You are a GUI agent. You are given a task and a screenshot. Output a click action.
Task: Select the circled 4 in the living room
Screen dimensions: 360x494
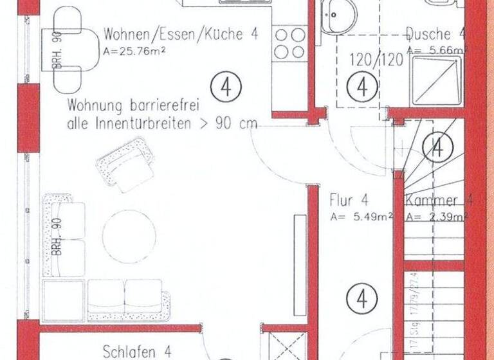(x=226, y=87)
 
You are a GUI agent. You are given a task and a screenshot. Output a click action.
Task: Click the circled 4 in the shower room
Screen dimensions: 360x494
(x=365, y=86)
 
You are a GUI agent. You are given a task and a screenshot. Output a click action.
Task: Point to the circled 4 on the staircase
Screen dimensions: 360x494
(x=438, y=148)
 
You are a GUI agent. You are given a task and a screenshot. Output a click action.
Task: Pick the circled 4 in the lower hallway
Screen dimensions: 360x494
(x=361, y=299)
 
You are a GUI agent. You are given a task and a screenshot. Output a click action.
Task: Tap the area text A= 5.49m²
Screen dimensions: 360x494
(x=361, y=217)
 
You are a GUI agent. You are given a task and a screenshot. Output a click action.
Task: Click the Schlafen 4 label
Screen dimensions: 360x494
(x=137, y=351)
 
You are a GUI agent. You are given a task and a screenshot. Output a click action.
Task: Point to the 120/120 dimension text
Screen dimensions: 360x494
(x=376, y=60)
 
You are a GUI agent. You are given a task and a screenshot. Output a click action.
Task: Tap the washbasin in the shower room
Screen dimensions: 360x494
(x=338, y=14)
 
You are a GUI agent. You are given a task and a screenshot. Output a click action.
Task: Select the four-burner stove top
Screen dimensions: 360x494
(x=289, y=43)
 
